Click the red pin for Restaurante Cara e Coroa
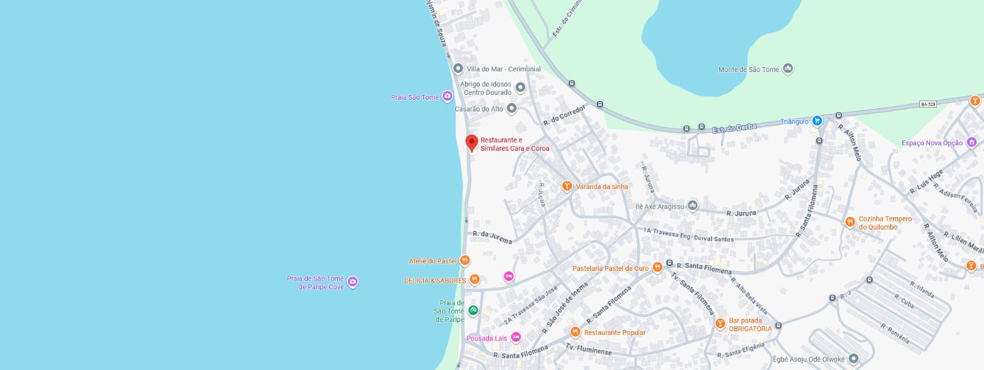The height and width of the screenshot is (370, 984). pyautogui.click(x=472, y=143)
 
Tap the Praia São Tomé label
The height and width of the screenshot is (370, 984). pyautogui.click(x=415, y=97)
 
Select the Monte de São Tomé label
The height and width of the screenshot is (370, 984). pyautogui.click(x=748, y=70)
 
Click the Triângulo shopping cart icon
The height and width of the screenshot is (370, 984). pyautogui.click(x=817, y=121)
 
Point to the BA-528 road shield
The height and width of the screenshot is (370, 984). pyautogui.click(x=928, y=104)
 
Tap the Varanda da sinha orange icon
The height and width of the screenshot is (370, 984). pyautogui.click(x=567, y=186)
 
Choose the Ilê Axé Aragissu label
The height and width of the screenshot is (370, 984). pyautogui.click(x=660, y=207)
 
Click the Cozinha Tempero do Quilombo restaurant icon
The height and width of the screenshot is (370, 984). pyautogui.click(x=850, y=222)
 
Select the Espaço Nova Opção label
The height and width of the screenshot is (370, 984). pyautogui.click(x=932, y=143)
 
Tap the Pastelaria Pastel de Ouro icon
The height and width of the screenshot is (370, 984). pyautogui.click(x=657, y=267)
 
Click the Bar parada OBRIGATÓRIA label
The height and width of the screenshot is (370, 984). pyautogui.click(x=750, y=324)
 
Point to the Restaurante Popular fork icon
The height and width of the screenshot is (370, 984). pyautogui.click(x=575, y=332)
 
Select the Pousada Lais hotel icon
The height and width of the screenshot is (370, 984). pyautogui.click(x=516, y=337)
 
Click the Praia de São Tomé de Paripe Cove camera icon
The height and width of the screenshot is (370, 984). pyautogui.click(x=352, y=282)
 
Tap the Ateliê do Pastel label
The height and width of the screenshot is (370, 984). pyautogui.click(x=432, y=261)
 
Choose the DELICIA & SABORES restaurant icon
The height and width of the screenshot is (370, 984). pyautogui.click(x=474, y=280)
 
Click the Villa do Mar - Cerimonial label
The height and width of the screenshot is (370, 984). pyautogui.click(x=504, y=69)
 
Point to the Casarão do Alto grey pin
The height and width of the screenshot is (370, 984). pyautogui.click(x=511, y=109)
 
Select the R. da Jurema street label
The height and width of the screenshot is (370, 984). pyautogui.click(x=492, y=237)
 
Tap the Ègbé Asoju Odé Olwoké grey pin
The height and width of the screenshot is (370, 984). pyautogui.click(x=853, y=358)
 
